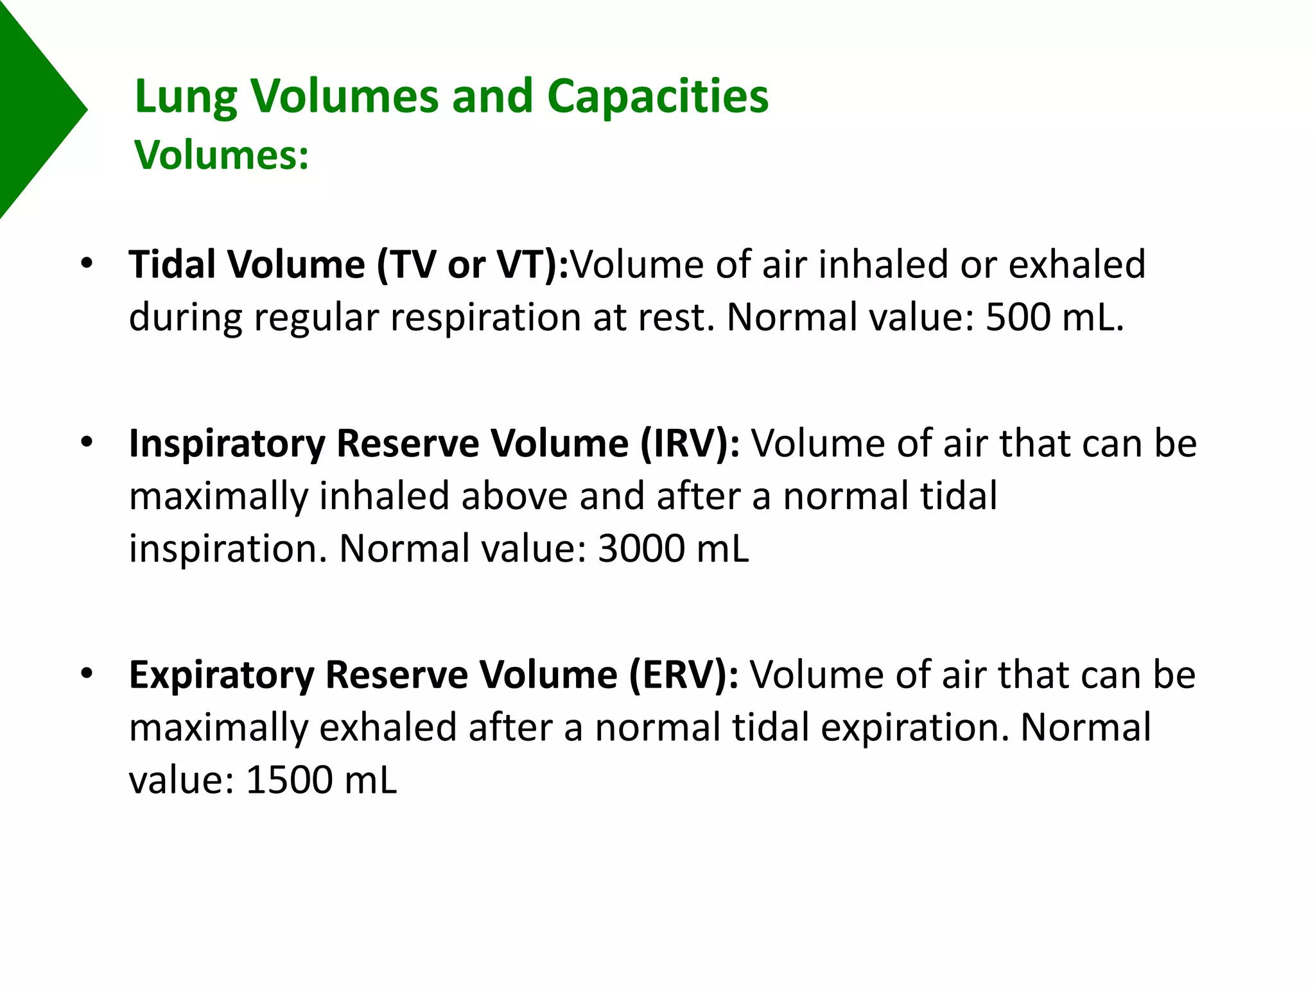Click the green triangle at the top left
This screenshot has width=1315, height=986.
click(x=32, y=109)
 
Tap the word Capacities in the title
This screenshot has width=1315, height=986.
click(x=657, y=96)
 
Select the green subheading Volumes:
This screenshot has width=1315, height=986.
click(x=222, y=155)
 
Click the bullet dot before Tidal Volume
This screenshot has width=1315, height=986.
click(x=87, y=263)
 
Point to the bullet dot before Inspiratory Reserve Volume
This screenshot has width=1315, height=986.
click(x=87, y=442)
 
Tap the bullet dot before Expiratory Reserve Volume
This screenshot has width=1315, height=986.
click(x=87, y=673)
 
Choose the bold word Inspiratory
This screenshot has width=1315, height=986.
click(x=227, y=444)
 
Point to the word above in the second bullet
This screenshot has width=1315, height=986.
click(x=514, y=496)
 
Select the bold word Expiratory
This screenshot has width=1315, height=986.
click(x=222, y=675)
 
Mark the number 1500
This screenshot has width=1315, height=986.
click(x=288, y=780)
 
